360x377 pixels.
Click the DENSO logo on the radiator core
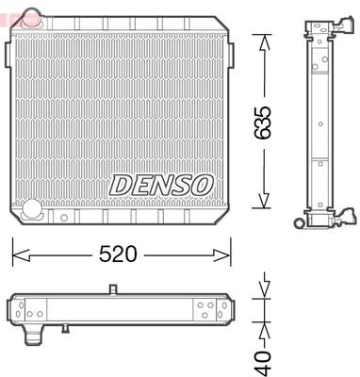point(161,184)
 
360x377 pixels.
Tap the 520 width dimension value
point(120,254)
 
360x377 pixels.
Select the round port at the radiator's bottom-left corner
point(31,209)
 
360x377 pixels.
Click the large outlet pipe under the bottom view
point(34,336)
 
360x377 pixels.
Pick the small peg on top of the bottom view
point(112,289)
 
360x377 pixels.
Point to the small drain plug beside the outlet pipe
point(65,329)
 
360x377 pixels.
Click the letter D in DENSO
point(121,184)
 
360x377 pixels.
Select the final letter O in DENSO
point(201,184)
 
